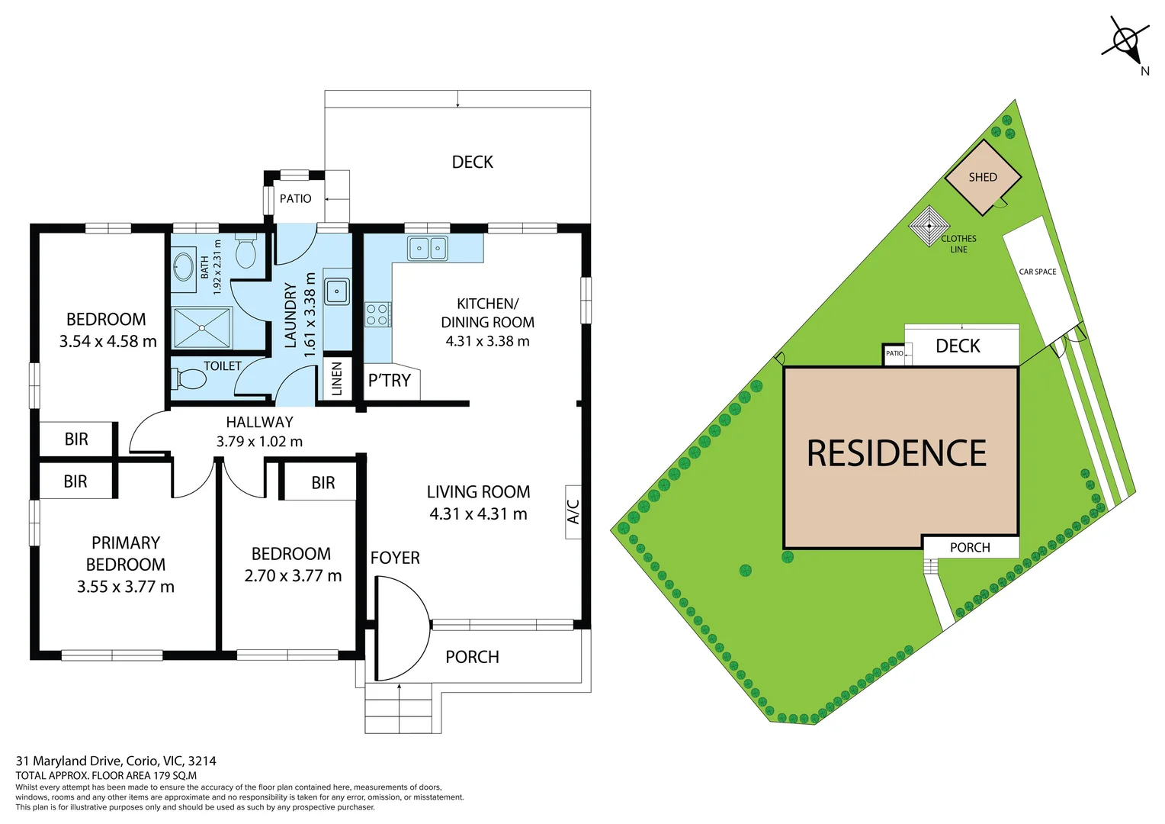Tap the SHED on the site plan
[x=983, y=177]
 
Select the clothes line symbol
[x=929, y=226]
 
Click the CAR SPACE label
[x=1038, y=272]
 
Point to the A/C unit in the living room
[x=573, y=511]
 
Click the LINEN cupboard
[x=337, y=378]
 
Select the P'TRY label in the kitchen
[x=390, y=380]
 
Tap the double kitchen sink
[x=428, y=248]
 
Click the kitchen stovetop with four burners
[x=377, y=314]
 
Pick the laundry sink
[x=336, y=291]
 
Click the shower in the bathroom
[x=202, y=327]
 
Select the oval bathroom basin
[x=184, y=266]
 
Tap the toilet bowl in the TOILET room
[x=191, y=378]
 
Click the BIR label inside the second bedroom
[x=323, y=483]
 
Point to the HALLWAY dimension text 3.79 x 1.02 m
[x=259, y=442]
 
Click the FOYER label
[x=395, y=558]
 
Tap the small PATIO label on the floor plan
[x=295, y=198]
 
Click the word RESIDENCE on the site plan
[x=897, y=453]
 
